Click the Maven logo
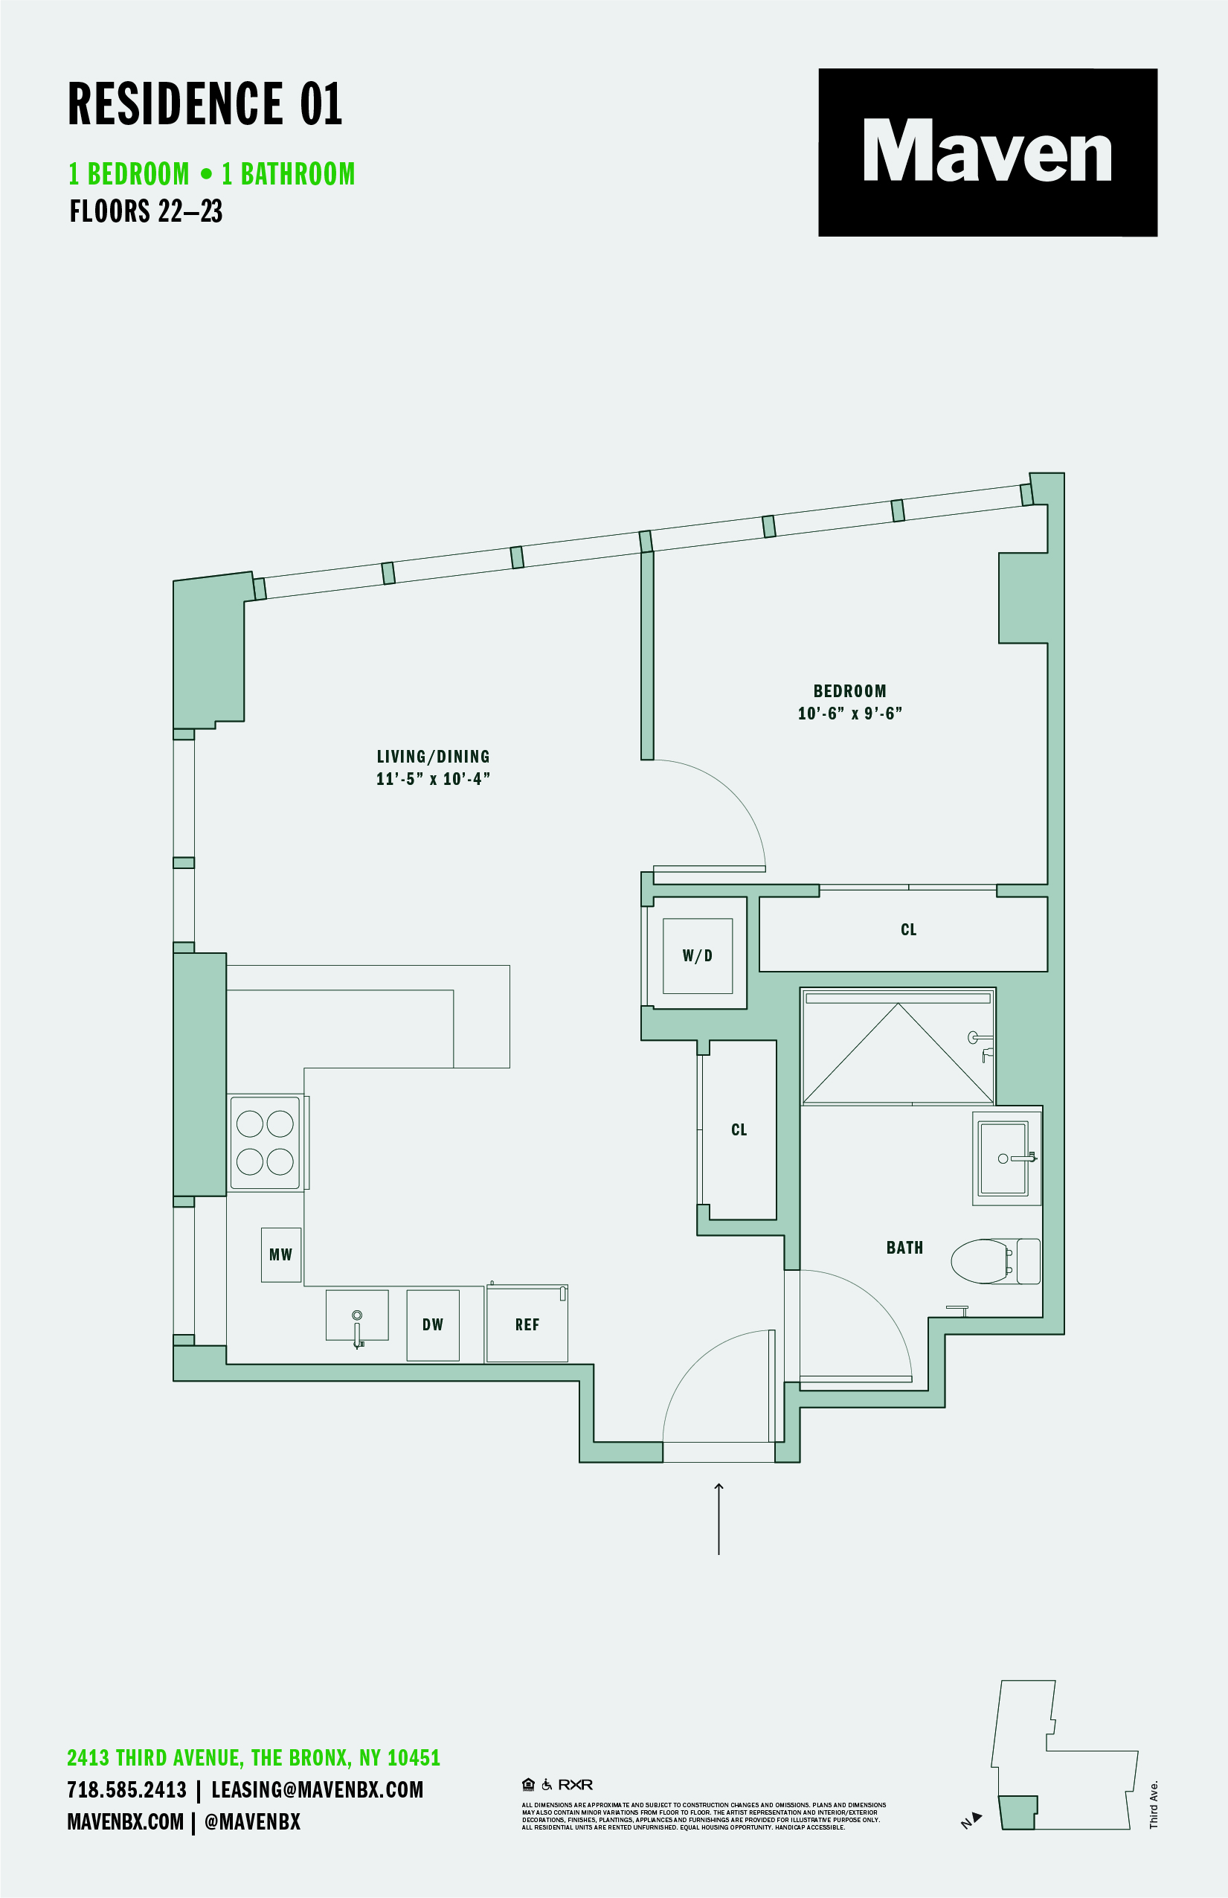pyautogui.click(x=987, y=152)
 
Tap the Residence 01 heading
pyautogui.click(x=205, y=103)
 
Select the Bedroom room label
pyautogui.click(x=849, y=690)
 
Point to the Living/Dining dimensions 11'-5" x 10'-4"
pyautogui.click(x=433, y=779)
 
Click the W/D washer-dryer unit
pyautogui.click(x=698, y=955)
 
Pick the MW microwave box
pyautogui.click(x=280, y=1254)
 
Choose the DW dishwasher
pyautogui.click(x=433, y=1324)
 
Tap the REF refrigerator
pyautogui.click(x=527, y=1324)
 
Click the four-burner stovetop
pyautogui.click(x=266, y=1143)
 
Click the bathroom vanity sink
pyautogui.click(x=1004, y=1158)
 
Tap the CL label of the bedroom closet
pyautogui.click(x=908, y=930)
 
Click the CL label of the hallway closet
pyautogui.click(x=739, y=1129)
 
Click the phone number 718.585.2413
pyautogui.click(x=126, y=1789)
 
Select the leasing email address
pyautogui.click(x=318, y=1789)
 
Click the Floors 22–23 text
pyautogui.click(x=146, y=211)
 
